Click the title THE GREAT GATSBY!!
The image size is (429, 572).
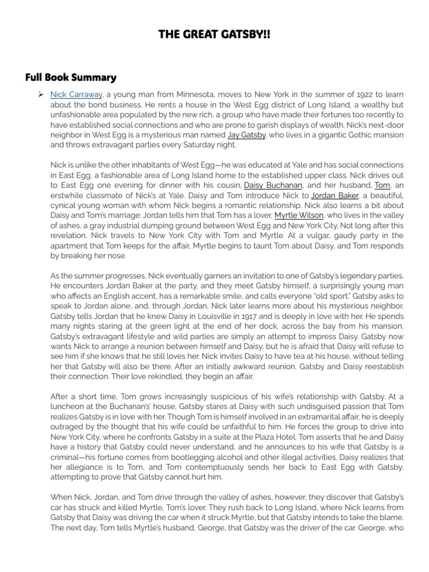pos(214,35)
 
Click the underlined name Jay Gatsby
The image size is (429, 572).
pos(246,135)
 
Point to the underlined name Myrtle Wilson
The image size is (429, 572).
pos(299,216)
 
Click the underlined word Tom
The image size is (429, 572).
pos(382,185)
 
